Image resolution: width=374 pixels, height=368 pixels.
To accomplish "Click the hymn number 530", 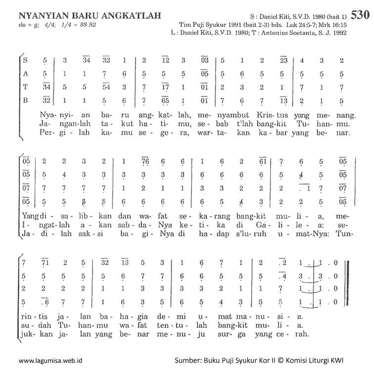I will coord(360,15).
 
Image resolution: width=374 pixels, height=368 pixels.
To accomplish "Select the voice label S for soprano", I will coord(25,61).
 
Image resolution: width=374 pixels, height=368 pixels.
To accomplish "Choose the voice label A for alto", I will coord(25,75).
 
